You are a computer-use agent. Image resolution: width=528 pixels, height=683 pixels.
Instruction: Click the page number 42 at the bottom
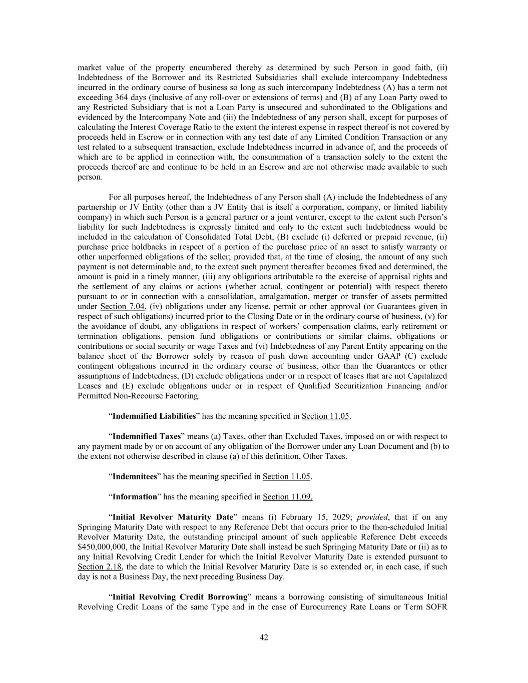click(264, 637)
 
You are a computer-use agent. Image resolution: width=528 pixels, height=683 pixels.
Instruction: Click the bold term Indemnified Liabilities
click(154, 416)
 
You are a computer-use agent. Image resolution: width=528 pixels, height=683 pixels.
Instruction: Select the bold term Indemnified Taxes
click(147, 436)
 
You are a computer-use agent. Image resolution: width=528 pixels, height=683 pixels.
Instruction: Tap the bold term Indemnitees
click(135, 477)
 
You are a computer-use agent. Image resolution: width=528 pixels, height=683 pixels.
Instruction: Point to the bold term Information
click(135, 497)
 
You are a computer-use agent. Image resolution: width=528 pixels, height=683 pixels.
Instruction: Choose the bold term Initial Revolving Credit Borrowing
click(180, 597)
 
